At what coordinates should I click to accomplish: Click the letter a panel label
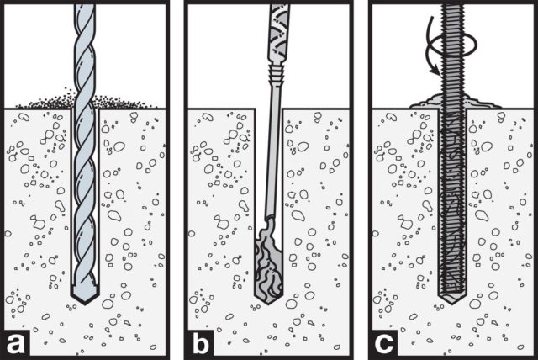coord(16,343)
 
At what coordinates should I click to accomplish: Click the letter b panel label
coord(200,341)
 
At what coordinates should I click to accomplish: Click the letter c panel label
coord(383,343)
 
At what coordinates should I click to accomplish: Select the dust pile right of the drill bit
coord(123,103)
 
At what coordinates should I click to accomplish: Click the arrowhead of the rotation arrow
coord(435,71)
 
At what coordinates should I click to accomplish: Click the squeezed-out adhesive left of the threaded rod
coord(426,103)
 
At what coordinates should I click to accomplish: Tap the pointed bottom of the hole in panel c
coord(453,304)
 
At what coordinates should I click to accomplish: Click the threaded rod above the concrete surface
coord(454,55)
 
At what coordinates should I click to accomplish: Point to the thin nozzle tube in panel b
coord(273,151)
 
